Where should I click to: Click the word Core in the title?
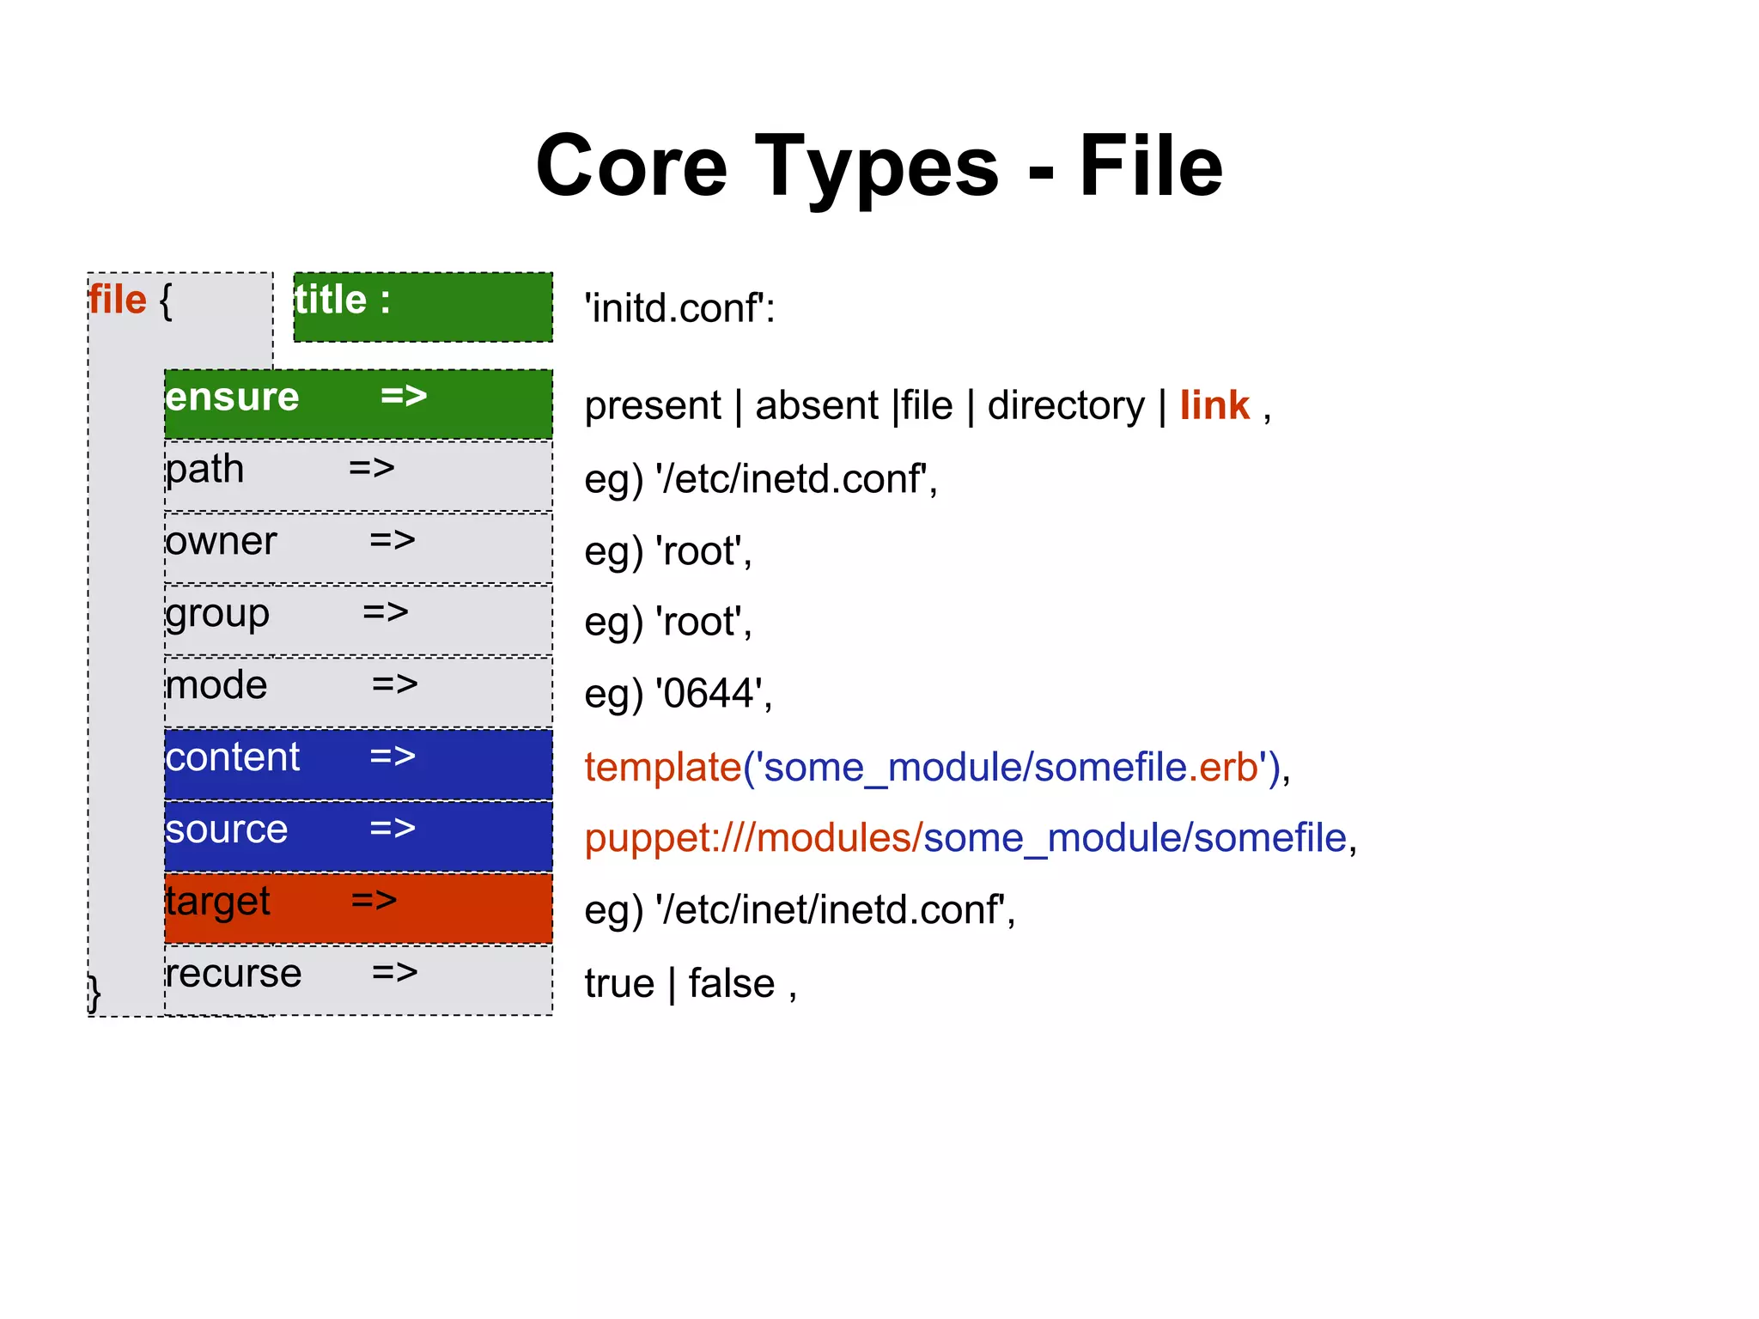(x=631, y=167)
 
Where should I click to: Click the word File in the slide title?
(x=1150, y=167)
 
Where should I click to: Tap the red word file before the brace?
(x=118, y=301)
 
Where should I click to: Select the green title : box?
(x=423, y=307)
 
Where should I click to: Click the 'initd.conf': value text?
(x=679, y=308)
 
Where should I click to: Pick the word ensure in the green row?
(x=232, y=398)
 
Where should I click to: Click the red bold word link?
(x=1214, y=405)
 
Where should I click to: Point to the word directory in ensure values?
(x=1066, y=405)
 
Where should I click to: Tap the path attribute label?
(x=205, y=470)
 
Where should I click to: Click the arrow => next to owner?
(x=393, y=540)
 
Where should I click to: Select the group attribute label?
(x=217, y=614)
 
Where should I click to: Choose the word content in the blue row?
(x=233, y=757)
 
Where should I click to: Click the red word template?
(x=663, y=767)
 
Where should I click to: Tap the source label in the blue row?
(x=227, y=830)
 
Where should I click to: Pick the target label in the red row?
(x=218, y=902)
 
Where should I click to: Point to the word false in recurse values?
(x=731, y=983)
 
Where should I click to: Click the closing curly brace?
(x=94, y=994)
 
